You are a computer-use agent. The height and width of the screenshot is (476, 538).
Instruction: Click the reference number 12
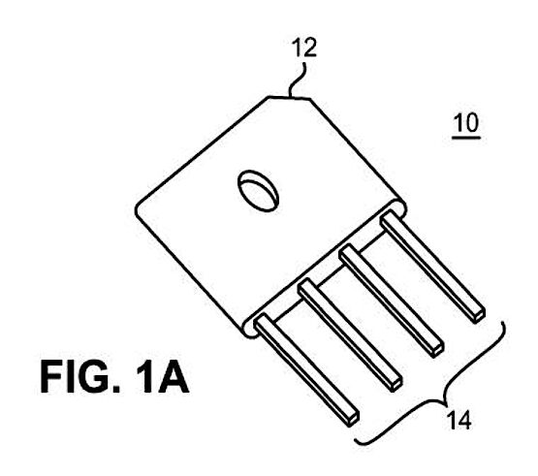coord(304,48)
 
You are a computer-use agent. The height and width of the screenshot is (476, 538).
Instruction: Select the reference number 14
coord(459,420)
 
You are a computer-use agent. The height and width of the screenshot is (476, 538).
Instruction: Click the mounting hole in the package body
coord(258,191)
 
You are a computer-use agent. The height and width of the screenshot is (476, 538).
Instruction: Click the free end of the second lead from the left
coord(396,384)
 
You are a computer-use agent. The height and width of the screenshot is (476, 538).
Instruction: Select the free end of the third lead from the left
coord(437,350)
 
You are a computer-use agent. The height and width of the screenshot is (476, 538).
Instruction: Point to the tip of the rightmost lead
coord(478,315)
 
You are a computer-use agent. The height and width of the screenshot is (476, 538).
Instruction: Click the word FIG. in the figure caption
coord(79,377)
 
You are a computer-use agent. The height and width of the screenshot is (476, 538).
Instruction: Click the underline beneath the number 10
coord(466,138)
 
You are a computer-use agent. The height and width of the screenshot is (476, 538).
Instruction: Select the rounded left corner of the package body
coord(138,208)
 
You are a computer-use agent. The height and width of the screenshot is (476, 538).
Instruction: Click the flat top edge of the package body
coord(290,98)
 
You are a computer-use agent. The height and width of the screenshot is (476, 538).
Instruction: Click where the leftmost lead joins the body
coord(263,321)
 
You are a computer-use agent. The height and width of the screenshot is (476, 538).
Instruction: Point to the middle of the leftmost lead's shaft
coord(307,370)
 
